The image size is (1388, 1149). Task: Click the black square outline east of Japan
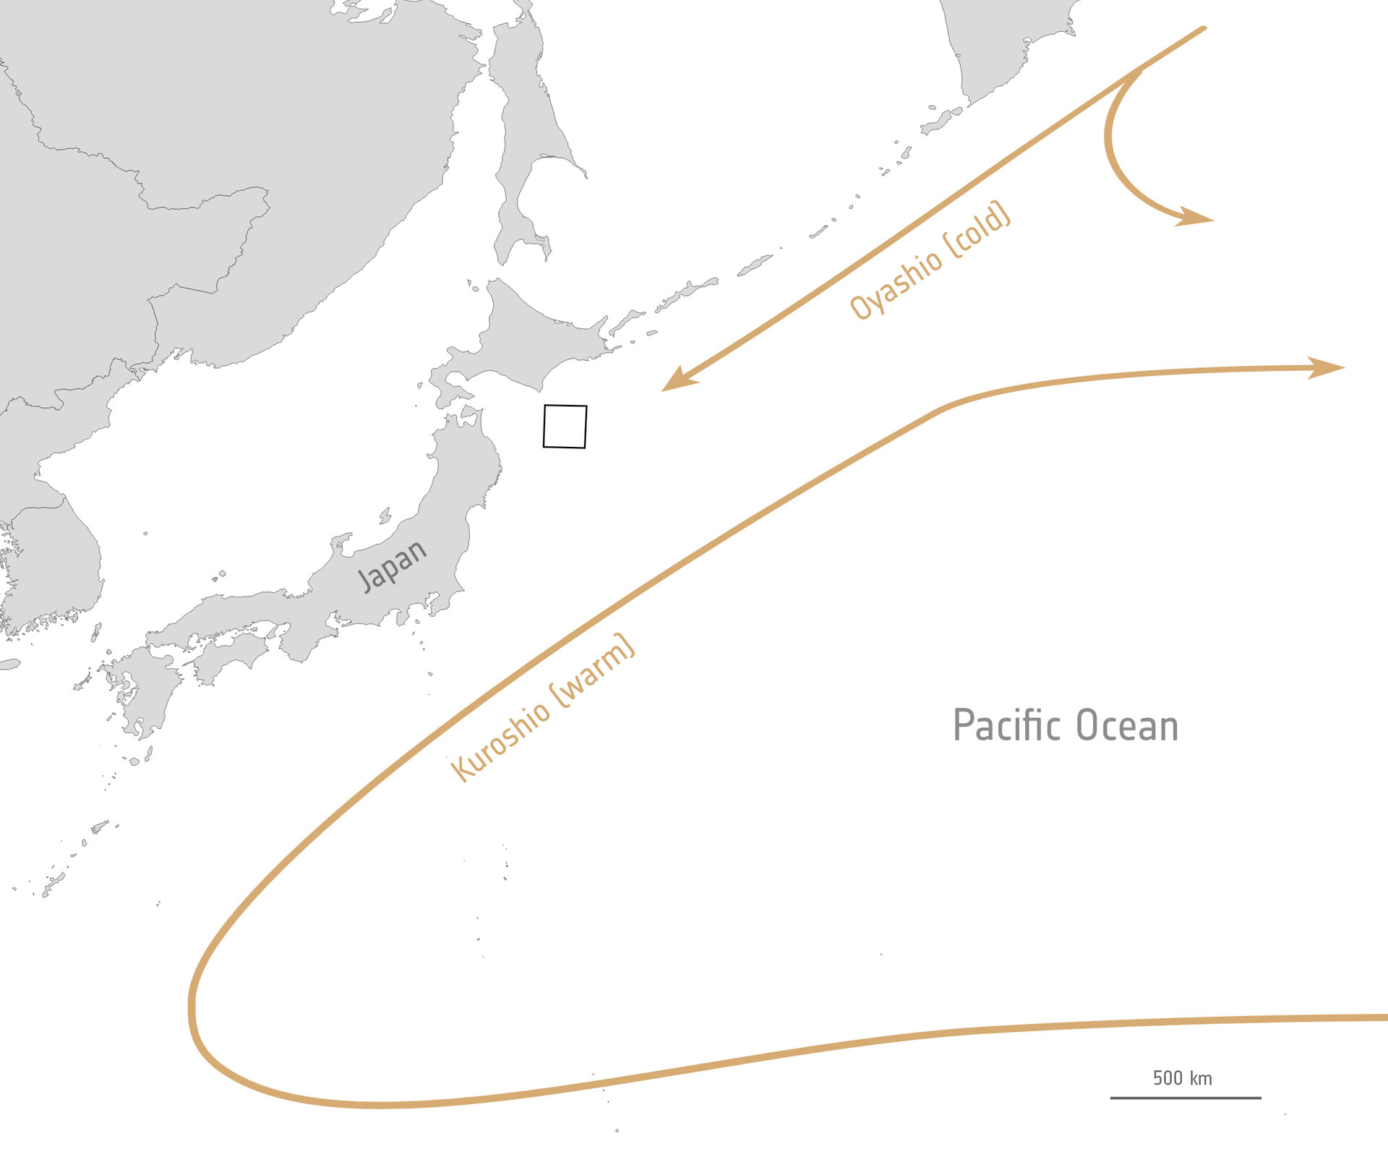coord(565,427)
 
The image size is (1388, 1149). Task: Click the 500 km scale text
coord(1182,1078)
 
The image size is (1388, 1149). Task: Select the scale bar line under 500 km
coord(1186,1098)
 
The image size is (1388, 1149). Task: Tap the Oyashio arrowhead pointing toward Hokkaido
coord(677,383)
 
